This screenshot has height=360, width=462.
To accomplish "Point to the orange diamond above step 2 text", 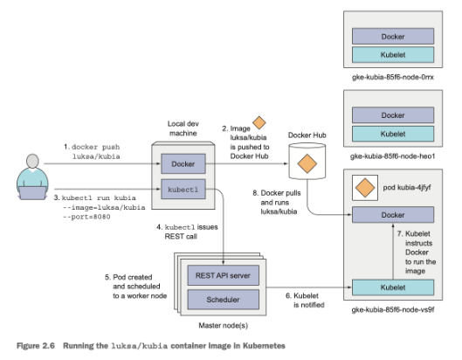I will click(258, 125).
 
